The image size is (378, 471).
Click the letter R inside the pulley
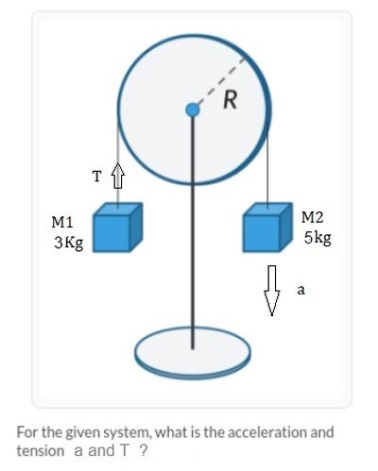(230, 100)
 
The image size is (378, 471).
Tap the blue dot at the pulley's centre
(193, 110)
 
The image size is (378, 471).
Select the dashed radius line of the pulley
(219, 83)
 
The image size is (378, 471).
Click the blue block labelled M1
(117, 227)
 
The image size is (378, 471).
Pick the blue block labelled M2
(267, 227)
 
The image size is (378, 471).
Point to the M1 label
(62, 222)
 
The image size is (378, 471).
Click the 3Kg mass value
(69, 243)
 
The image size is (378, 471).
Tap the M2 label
(312, 217)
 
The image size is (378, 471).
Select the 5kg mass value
(318, 238)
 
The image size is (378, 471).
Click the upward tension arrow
(117, 176)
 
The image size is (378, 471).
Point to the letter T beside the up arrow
(97, 177)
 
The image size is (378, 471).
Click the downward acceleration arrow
(271, 291)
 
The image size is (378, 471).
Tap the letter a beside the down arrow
(301, 290)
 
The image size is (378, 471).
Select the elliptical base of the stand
(193, 353)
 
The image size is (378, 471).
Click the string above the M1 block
(118, 163)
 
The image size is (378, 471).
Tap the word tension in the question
(41, 451)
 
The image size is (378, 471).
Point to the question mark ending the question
(143, 451)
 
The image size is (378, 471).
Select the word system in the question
(128, 433)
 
